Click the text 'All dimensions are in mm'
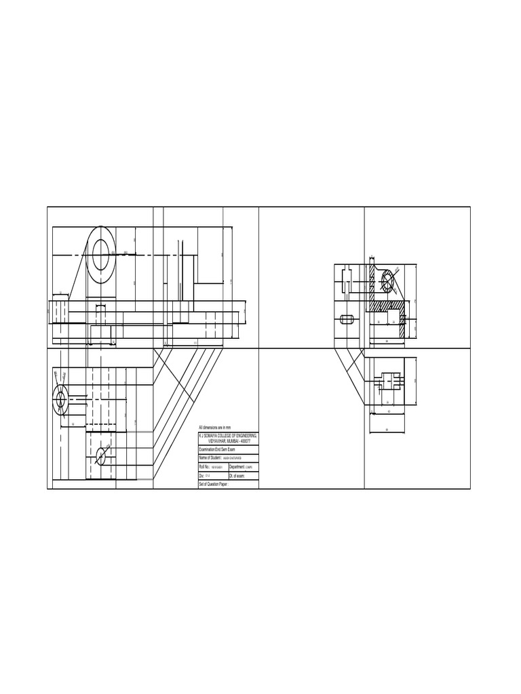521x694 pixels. click(x=215, y=428)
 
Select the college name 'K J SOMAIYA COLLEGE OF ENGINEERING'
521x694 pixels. click(x=228, y=435)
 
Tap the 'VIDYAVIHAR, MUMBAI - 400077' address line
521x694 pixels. click(x=228, y=441)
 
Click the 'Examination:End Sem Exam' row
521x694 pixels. click(x=216, y=449)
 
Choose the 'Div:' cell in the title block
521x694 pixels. click(x=201, y=476)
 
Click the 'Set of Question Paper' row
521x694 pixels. click(x=214, y=485)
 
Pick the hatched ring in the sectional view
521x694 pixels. click(x=389, y=281)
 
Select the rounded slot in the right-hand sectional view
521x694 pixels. click(x=347, y=319)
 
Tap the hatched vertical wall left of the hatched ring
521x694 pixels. click(x=372, y=285)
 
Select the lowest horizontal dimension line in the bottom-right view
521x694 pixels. click(x=387, y=432)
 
